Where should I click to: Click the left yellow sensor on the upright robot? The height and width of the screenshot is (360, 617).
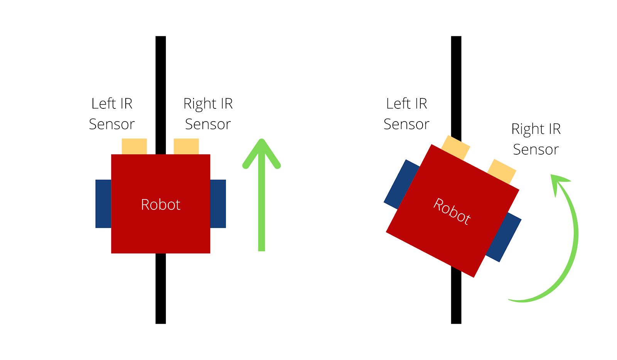pos(134,146)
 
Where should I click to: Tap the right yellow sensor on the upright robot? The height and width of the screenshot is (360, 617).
pos(186,146)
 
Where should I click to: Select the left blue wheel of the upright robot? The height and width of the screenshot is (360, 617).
pos(103,204)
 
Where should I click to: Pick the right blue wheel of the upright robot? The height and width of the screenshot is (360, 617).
pos(218,204)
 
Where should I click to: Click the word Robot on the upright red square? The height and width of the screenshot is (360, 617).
pos(161,205)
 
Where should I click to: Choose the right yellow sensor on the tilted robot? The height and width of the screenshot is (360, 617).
pos(502,171)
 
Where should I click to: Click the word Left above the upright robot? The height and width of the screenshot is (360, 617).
pos(104,103)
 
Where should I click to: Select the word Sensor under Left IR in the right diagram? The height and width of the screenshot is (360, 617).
pos(406,124)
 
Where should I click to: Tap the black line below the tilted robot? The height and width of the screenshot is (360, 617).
pos(456,297)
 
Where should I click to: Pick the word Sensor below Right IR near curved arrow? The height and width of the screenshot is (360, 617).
pos(536,149)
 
